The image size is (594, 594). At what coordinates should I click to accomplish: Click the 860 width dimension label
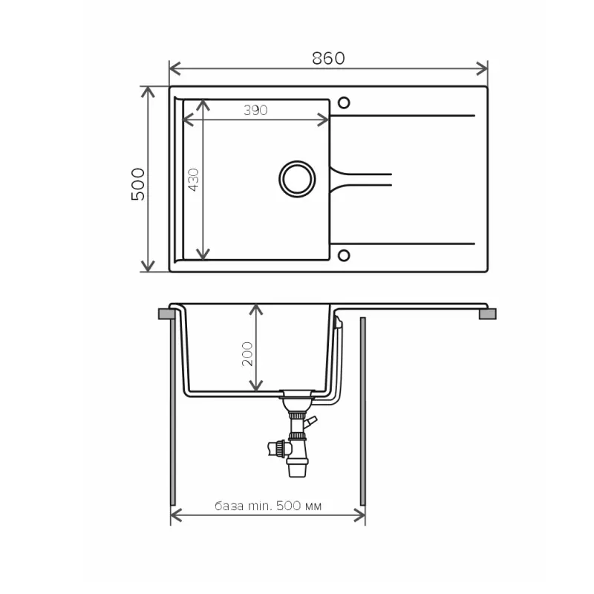328,59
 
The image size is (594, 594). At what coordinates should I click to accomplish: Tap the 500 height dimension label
138,183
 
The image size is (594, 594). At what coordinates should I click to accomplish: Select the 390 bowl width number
255,110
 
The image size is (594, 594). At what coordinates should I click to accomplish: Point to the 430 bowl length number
193,180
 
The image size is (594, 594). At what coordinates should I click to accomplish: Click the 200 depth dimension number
247,354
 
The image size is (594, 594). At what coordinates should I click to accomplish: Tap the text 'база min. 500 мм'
268,506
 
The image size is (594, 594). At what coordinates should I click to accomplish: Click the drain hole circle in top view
297,179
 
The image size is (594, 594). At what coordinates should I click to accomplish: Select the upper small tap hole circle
344,102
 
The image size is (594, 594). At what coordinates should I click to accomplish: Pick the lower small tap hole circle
344,255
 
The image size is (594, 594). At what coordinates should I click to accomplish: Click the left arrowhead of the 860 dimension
174,69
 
